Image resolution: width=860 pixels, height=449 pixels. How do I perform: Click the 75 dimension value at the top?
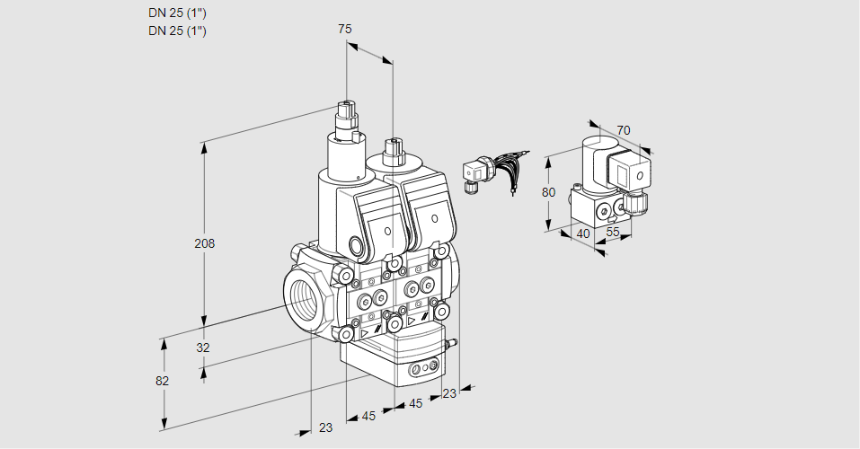[x=344, y=29]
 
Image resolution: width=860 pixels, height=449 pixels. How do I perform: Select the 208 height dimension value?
[x=206, y=243]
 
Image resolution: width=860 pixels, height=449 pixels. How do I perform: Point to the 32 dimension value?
[x=202, y=348]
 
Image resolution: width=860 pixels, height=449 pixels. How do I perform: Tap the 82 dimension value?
[x=162, y=381]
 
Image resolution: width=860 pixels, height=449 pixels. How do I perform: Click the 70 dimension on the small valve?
[x=624, y=130]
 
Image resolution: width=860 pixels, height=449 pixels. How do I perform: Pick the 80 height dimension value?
[x=549, y=192]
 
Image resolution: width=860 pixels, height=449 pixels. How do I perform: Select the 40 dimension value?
[x=583, y=233]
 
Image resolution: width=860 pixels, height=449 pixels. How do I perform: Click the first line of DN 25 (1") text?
[x=177, y=13]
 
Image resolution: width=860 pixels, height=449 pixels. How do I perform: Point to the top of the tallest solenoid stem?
[x=346, y=106]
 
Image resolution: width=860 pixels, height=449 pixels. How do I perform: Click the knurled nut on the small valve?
[x=637, y=202]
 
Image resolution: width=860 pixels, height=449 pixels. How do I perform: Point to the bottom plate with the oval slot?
[x=422, y=368]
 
